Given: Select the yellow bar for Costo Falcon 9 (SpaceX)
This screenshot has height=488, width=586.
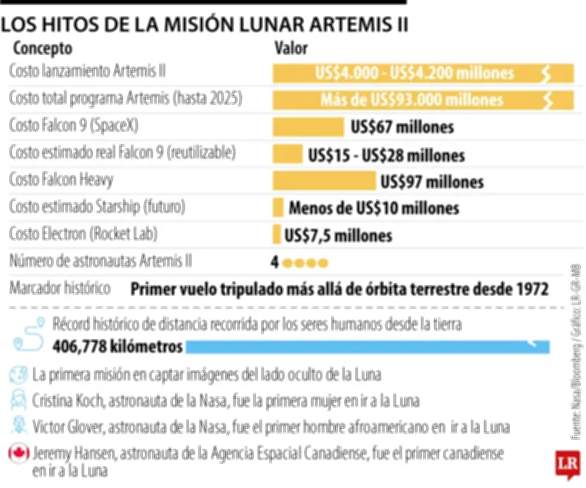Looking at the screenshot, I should click(308, 127).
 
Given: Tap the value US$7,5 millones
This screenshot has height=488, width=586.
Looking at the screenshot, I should click(338, 235).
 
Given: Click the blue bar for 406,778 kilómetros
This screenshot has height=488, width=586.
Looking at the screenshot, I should click(366, 345).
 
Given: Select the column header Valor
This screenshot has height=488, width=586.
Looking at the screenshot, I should click(291, 49).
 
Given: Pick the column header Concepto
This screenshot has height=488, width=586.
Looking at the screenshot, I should click(42, 49).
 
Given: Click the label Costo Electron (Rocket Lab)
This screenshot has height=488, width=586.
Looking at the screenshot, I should click(84, 234).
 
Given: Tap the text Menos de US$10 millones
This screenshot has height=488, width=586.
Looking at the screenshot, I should click(374, 208).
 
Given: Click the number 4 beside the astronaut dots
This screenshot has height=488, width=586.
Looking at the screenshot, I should click(275, 262).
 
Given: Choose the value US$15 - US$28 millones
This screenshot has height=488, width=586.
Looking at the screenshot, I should click(386, 155).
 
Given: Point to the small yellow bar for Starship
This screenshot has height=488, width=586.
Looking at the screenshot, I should click(278, 207).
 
